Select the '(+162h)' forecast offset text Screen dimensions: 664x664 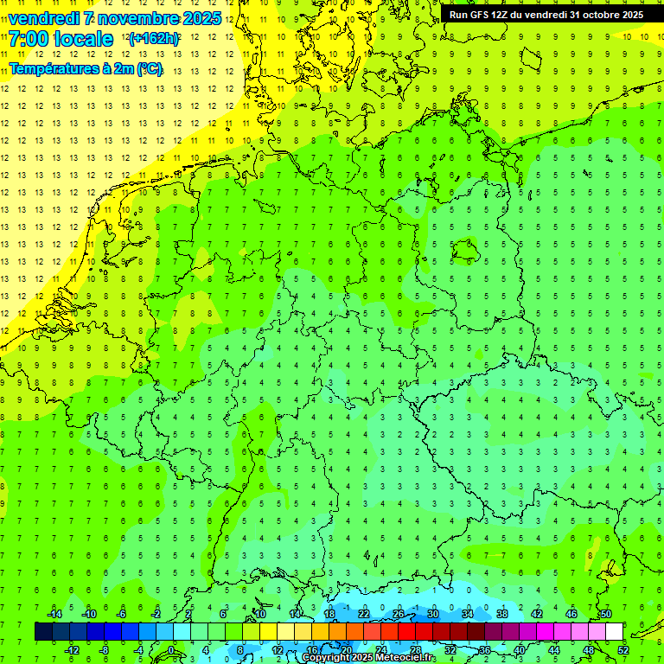[x=153, y=39]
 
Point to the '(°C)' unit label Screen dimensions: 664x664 [x=147, y=69]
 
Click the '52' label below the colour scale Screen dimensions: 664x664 [x=622, y=650]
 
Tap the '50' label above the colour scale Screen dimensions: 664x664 [x=605, y=614]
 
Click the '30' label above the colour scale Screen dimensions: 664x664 [x=432, y=614]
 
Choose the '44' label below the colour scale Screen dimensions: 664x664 [x=553, y=650]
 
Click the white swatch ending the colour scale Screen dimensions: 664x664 [x=614, y=632]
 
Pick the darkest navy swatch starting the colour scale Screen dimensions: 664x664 [x=43, y=632]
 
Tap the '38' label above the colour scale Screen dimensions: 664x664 [x=501, y=614]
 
